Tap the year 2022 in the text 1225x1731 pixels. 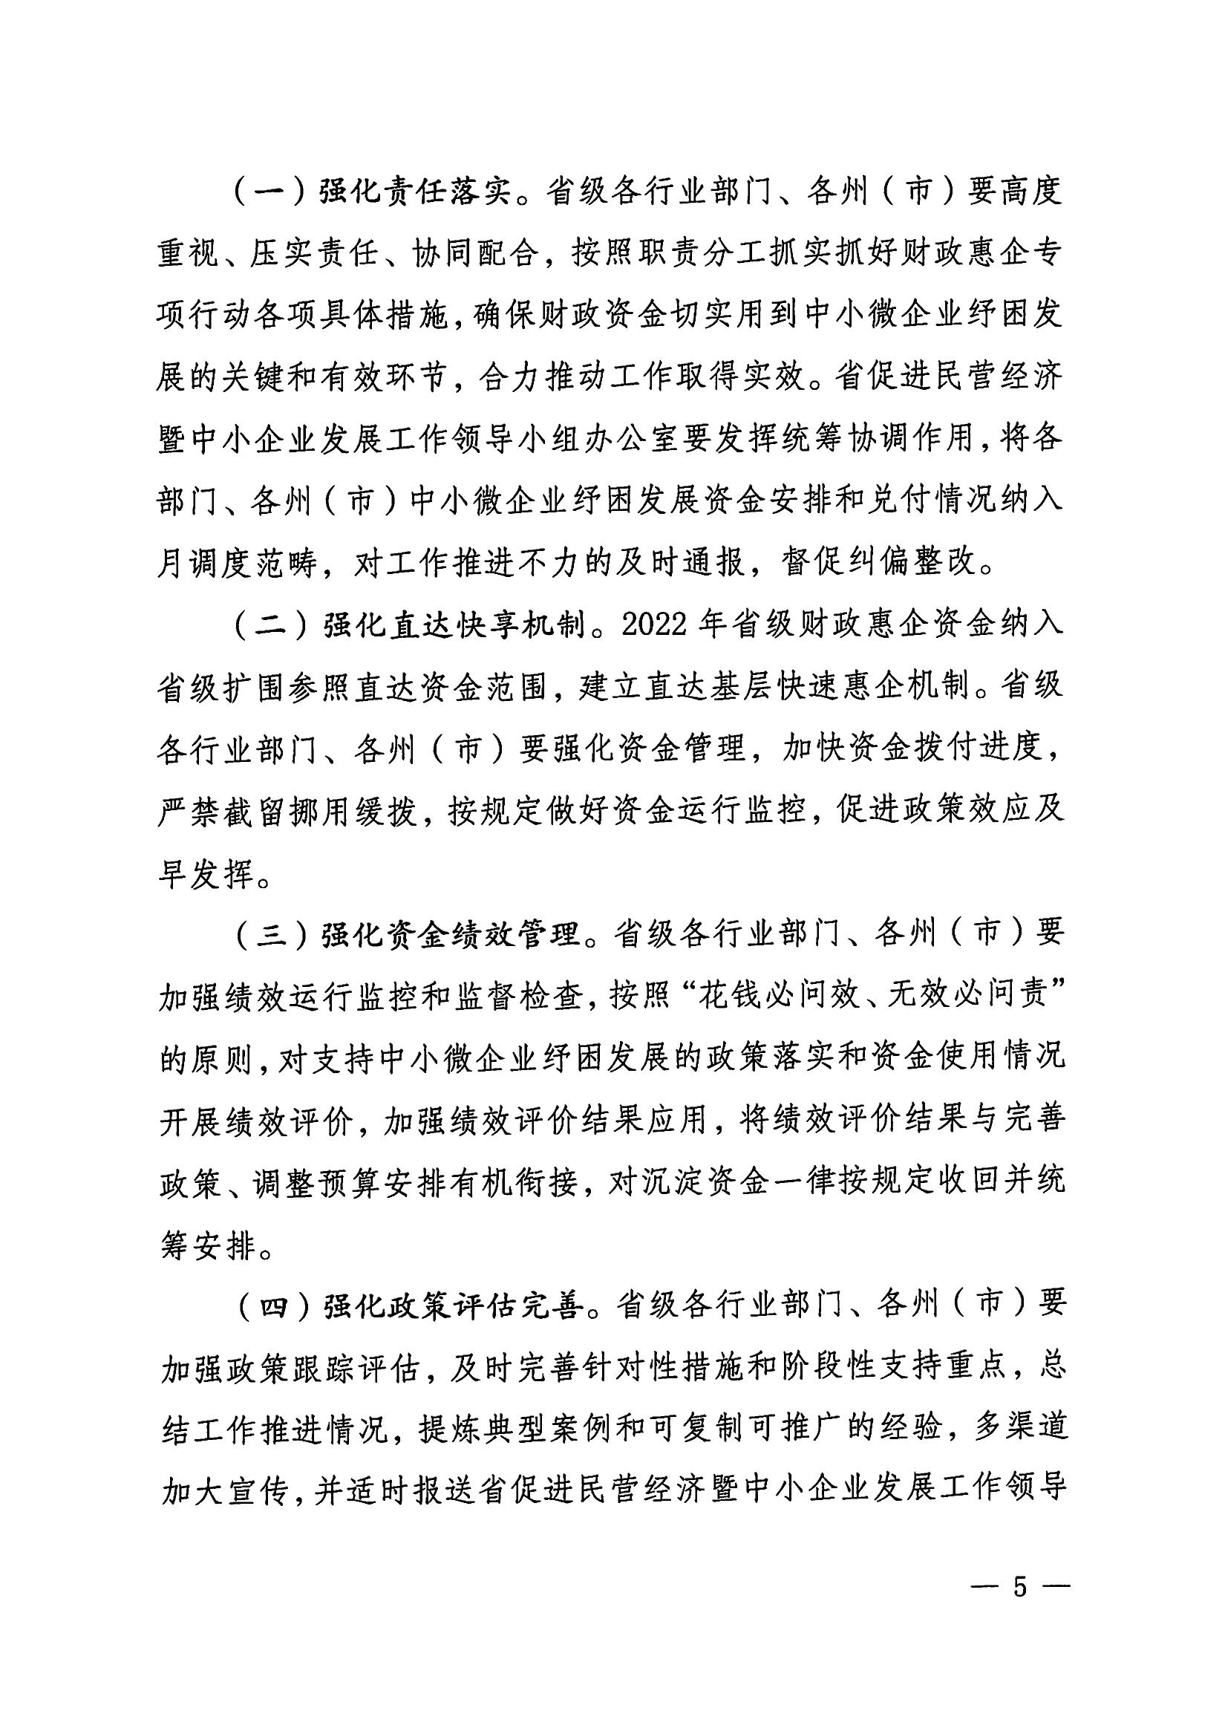click(x=654, y=625)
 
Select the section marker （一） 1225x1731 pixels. click(x=268, y=192)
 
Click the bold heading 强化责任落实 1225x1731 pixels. click(x=411, y=192)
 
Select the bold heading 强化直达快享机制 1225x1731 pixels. click(x=453, y=625)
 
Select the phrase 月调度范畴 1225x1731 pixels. click(x=237, y=564)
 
